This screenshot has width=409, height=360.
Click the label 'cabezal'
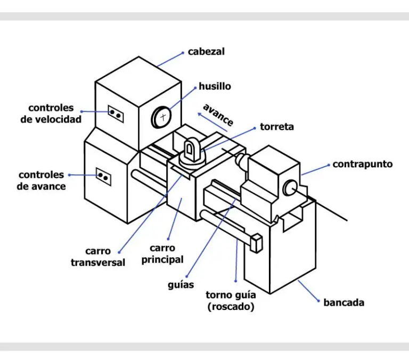pos(206,52)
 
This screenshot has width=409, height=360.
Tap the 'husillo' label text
pos(215,86)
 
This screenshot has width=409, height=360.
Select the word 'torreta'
pos(276,127)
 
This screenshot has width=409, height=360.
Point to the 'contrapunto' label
pos(362,164)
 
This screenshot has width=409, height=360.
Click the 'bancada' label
pos(344,302)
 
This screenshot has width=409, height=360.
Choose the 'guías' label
pos(181,284)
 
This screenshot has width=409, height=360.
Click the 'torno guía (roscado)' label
pos(231,301)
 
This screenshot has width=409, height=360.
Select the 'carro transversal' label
pos(98,257)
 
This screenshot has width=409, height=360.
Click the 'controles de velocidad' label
pos(51,113)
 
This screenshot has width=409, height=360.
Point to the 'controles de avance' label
pos(42,181)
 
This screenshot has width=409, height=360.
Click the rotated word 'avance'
pos(218,115)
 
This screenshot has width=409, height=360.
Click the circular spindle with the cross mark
pos(162,117)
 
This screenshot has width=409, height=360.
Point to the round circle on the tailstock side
pos(291,186)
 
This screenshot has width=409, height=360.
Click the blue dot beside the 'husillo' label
pos(195,86)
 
